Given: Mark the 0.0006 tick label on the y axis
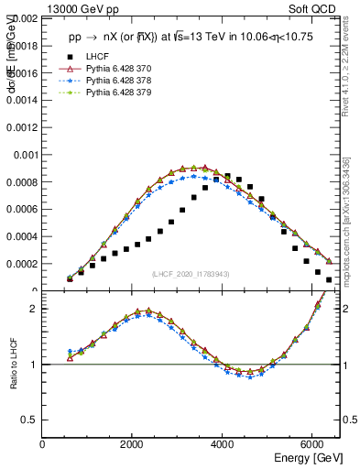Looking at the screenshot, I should (21, 209).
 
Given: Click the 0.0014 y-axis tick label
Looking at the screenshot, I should (21, 100).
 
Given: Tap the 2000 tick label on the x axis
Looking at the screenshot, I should (133, 444).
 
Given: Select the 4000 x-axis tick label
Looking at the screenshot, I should (223, 444).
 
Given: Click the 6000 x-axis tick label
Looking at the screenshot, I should (312, 444).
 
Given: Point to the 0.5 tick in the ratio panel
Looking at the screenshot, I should (30, 420).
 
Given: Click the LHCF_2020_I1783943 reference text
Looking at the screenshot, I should (191, 274).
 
